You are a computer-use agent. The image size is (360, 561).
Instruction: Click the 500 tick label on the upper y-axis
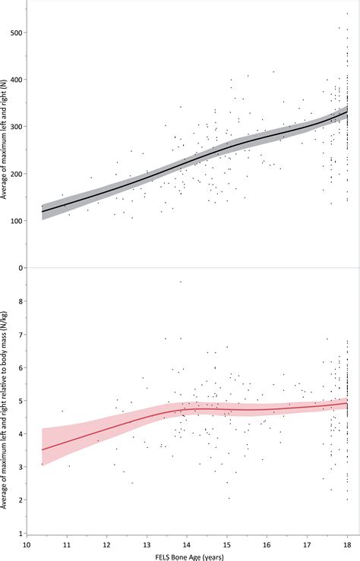pos(16,33)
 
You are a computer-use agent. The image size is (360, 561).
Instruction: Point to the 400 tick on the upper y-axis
pos(16,80)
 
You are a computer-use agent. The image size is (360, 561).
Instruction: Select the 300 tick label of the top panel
pos(16,127)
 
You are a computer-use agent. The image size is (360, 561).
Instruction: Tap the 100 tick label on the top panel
pos(16,220)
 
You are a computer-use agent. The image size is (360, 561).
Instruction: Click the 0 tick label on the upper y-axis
pos(20,267)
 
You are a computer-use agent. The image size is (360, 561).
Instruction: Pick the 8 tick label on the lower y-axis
pos(20,301)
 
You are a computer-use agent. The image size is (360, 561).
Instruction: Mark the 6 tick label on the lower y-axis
pos(20,367)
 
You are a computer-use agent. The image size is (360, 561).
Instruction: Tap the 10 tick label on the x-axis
pos(27,544)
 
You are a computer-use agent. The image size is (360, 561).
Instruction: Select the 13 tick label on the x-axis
pos(147,544)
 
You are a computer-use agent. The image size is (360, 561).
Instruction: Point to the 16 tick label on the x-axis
pos(267,544)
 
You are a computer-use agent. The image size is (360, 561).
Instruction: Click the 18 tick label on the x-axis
pos(347,544)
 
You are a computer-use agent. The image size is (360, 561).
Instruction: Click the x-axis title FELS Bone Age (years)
pos(187,556)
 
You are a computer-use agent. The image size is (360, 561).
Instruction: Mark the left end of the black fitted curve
pos(42,212)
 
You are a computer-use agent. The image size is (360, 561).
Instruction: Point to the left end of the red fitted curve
pos(42,449)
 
